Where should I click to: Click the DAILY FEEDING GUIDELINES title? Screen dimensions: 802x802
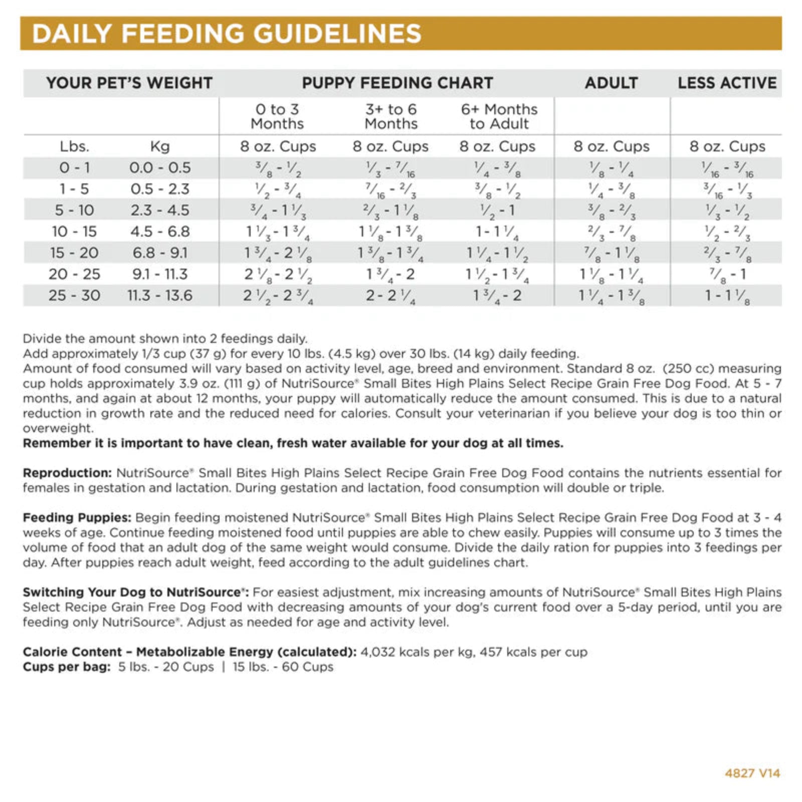227,34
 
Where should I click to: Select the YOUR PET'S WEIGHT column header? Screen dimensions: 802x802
129,83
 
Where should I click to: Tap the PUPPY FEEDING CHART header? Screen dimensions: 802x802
397,83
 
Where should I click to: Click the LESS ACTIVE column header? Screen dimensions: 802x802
727,83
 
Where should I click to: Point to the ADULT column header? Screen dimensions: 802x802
611,83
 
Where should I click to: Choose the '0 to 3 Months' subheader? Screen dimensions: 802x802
277,116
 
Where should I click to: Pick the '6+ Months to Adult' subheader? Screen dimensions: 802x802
499,116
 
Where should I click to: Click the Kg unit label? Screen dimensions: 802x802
160,146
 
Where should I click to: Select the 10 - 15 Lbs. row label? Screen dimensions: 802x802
74,232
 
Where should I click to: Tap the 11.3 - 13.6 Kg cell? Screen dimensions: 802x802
160,295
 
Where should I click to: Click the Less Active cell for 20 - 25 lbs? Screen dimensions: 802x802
727,275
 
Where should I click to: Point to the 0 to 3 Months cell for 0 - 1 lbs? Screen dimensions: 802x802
278,168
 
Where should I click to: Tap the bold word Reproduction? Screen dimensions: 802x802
67,473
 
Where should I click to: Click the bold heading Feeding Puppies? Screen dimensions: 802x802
77,517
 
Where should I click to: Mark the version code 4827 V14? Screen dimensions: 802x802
752,773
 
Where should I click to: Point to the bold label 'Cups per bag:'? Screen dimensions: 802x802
67,667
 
